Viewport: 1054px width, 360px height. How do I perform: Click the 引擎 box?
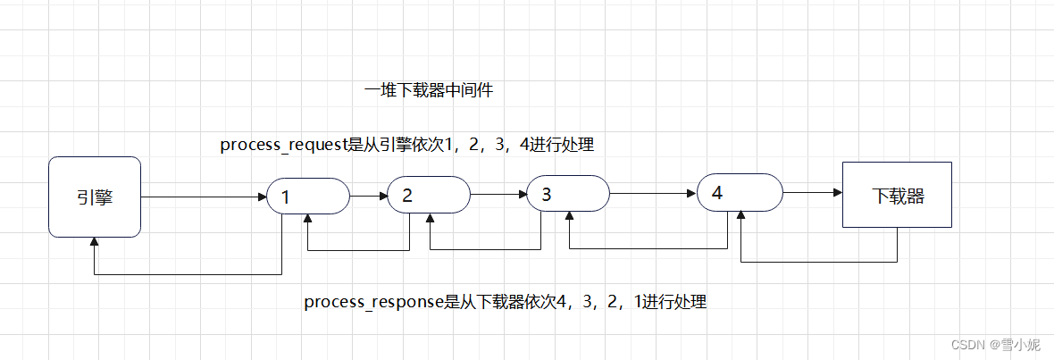(x=95, y=197)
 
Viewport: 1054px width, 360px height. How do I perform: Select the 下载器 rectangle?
(x=897, y=196)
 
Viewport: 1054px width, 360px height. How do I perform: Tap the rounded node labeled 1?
(x=308, y=197)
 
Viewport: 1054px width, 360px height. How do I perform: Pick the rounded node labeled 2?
(x=429, y=195)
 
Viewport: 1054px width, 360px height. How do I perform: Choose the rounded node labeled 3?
(x=568, y=193)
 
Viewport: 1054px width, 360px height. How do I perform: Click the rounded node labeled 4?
(x=740, y=192)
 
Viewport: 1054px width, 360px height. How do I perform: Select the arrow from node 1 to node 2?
(x=368, y=196)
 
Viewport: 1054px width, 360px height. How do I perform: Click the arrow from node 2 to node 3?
(x=498, y=194)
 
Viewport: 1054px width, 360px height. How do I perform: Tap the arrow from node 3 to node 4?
(x=653, y=192)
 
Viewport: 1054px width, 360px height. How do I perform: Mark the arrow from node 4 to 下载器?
(x=813, y=192)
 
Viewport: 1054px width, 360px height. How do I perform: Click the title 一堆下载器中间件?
(x=429, y=90)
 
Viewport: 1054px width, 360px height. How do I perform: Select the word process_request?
(x=281, y=145)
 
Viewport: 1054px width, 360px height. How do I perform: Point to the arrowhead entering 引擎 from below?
(x=95, y=244)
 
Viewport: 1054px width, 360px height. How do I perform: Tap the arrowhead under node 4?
(x=741, y=215)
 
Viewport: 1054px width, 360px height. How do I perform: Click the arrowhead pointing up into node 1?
(x=308, y=220)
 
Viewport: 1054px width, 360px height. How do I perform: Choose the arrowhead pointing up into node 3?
(x=569, y=217)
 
